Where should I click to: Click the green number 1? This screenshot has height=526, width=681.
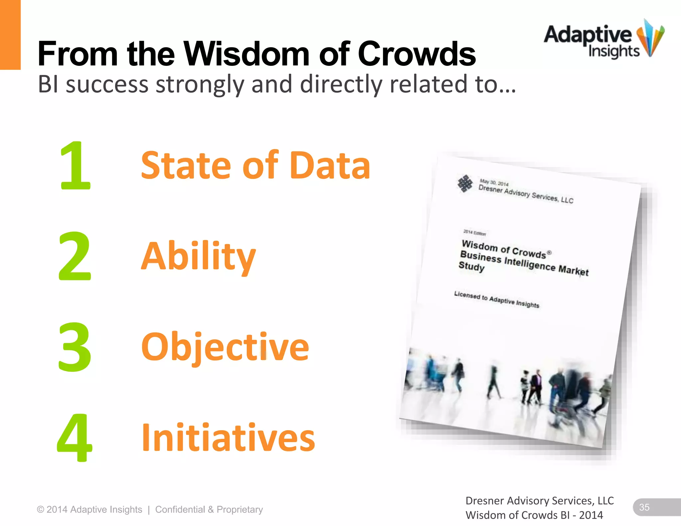tap(75, 165)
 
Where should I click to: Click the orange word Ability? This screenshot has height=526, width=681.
tap(199, 256)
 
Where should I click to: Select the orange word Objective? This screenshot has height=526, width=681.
tap(225, 347)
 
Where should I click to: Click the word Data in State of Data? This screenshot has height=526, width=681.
tap(330, 165)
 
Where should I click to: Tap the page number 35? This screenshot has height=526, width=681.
tap(644, 507)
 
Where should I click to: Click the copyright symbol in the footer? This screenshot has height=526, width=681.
tap(41, 509)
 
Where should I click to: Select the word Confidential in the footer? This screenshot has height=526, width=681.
tap(180, 509)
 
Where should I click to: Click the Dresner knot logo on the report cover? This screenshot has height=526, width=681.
tap(465, 183)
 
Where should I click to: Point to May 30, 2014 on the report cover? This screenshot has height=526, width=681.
tap(494, 183)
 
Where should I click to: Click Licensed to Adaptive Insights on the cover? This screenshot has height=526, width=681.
tap(496, 300)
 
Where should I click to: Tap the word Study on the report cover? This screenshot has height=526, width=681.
tap(471, 267)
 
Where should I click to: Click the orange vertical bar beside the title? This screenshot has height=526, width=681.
tap(10, 35)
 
